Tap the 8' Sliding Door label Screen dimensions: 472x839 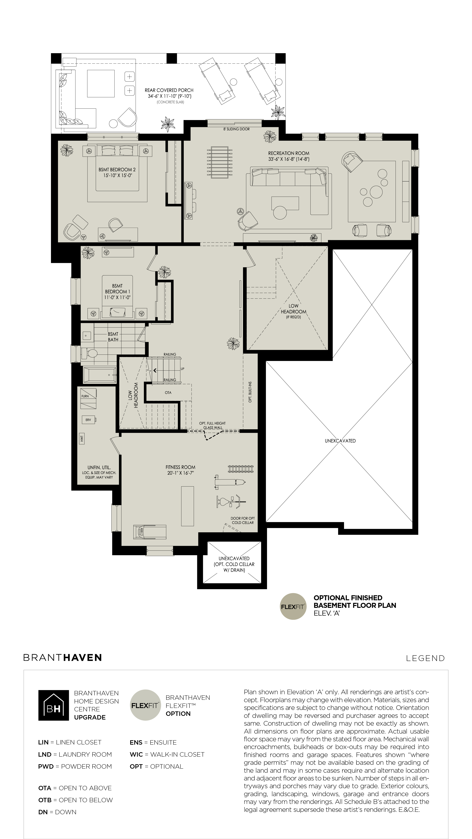pyautogui.click(x=237, y=129)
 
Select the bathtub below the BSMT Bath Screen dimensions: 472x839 pyautogui.click(x=100, y=375)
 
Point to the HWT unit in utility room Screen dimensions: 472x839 pyautogui.click(x=82, y=439)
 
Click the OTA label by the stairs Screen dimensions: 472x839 pyautogui.click(x=168, y=393)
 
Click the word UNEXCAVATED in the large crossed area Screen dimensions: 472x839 pyautogui.click(x=340, y=441)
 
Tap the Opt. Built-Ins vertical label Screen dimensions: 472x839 pyautogui.click(x=250, y=392)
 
